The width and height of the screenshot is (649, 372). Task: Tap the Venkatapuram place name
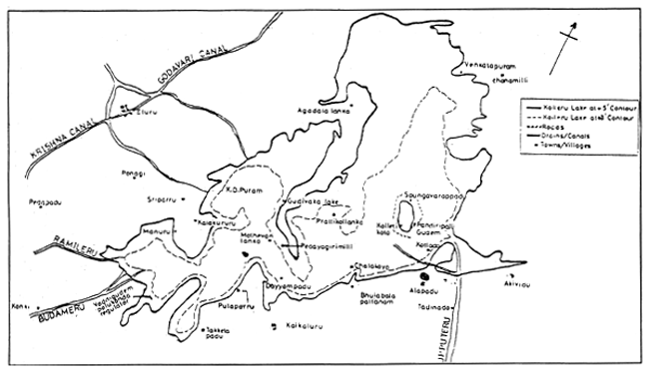[488, 67]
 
